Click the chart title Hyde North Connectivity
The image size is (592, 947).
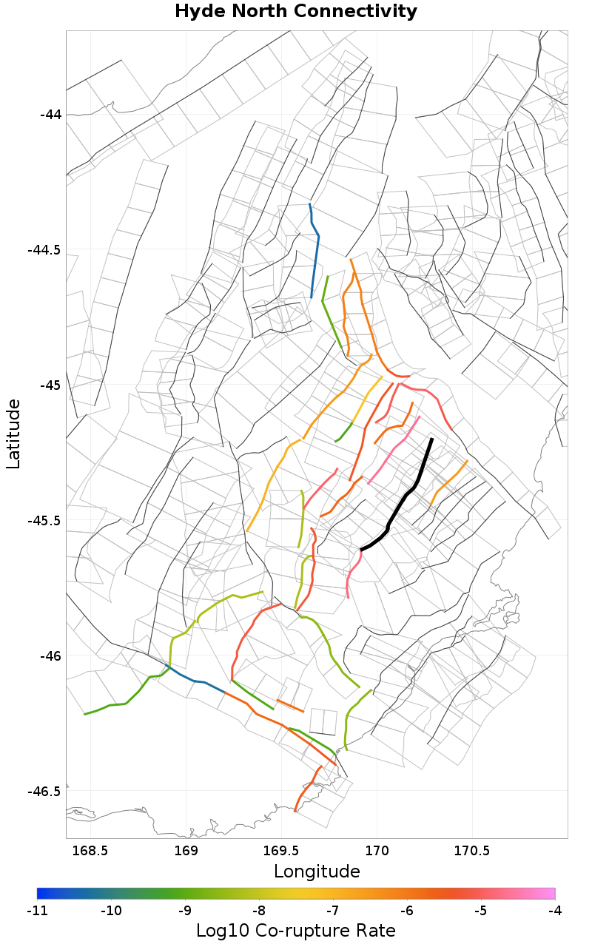pos(296,12)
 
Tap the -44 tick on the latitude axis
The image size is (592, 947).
pos(51,115)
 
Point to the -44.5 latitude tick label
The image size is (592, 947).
pos(45,250)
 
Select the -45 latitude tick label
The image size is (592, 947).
pos(51,385)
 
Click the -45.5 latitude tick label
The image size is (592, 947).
pos(45,521)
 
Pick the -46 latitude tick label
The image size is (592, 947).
pos(51,656)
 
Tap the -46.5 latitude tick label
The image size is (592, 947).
pos(45,792)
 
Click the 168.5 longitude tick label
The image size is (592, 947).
pos(91,851)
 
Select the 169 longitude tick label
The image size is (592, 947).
pos(186,851)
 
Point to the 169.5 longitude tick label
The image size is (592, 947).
pos(282,851)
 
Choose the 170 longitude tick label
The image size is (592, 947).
pos(377,851)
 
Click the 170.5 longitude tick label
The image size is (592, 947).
pos(472,851)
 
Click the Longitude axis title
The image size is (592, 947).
pos(317,872)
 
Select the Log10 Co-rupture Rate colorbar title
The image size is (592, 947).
pos(296,931)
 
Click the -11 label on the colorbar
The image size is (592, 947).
pos(37,911)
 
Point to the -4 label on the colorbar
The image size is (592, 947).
pos(555,911)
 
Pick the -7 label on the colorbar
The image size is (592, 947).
pos(333,911)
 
